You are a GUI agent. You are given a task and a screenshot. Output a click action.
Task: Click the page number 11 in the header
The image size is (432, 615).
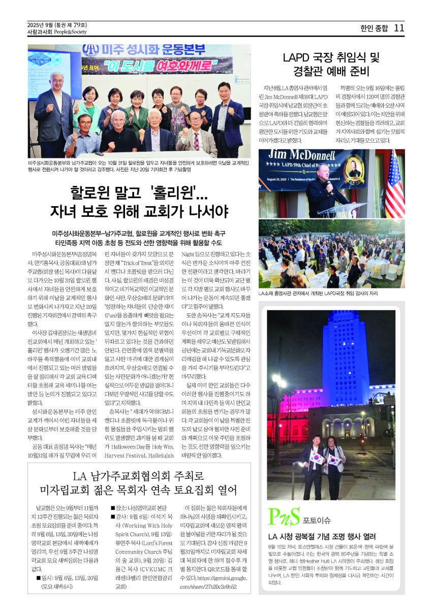(x=399, y=28)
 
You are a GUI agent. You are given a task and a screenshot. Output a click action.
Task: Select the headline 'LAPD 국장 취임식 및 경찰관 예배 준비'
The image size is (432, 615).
(x=331, y=64)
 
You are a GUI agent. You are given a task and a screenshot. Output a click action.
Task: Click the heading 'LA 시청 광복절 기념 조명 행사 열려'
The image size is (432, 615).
(x=322, y=536)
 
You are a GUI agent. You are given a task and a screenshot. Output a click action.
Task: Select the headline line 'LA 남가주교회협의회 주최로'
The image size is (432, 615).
(x=139, y=476)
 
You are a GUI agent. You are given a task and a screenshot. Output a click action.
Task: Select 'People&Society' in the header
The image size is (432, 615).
(x=71, y=31)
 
